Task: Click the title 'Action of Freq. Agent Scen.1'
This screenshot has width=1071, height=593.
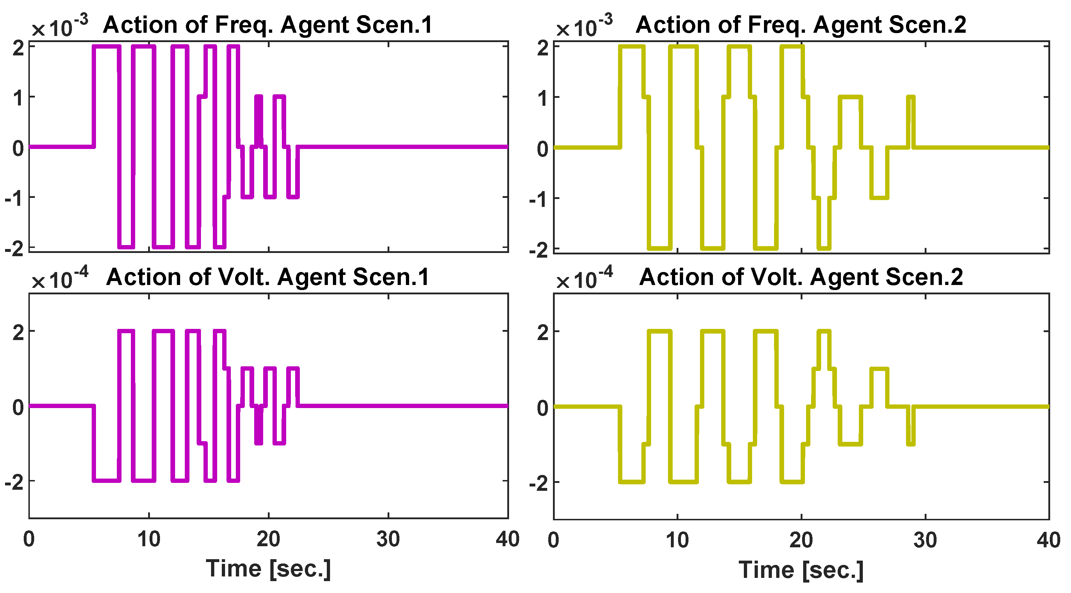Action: (268, 25)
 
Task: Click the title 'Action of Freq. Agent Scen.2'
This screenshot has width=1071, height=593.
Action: (801, 25)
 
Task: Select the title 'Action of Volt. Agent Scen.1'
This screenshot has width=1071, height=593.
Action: (268, 277)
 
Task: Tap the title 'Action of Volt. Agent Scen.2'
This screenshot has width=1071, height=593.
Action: (801, 277)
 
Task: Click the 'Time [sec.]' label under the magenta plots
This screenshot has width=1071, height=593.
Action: (268, 569)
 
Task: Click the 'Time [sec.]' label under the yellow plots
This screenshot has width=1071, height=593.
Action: (801, 570)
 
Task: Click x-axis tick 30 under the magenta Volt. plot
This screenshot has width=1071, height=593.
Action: (388, 539)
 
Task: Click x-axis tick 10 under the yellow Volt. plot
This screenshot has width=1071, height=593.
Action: (677, 540)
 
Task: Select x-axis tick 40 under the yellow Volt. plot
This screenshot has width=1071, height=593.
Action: (1048, 540)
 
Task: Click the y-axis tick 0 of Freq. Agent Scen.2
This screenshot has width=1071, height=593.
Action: (543, 149)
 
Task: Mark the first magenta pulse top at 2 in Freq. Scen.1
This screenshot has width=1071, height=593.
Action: (106, 47)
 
